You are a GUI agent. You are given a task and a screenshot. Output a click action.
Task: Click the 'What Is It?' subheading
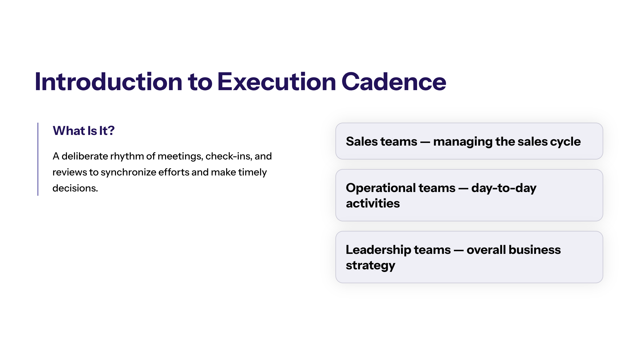click(84, 131)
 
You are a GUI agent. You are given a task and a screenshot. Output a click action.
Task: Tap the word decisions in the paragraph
click(75, 188)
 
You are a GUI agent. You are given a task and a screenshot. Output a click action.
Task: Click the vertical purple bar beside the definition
click(38, 159)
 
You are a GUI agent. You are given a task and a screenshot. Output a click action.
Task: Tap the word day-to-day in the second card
click(504, 188)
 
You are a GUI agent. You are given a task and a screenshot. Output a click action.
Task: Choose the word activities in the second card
click(373, 203)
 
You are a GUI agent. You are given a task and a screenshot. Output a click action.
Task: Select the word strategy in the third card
click(371, 266)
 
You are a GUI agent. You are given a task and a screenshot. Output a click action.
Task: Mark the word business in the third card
click(535, 250)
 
